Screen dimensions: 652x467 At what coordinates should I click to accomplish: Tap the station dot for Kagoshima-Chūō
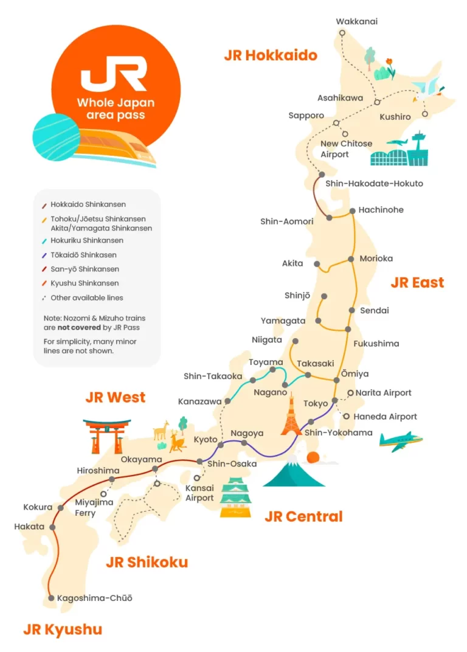click(x=51, y=598)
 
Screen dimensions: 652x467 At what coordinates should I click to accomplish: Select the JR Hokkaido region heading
click(x=271, y=55)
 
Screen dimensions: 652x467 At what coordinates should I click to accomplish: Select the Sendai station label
click(x=375, y=310)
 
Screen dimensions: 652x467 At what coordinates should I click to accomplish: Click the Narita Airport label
click(x=383, y=393)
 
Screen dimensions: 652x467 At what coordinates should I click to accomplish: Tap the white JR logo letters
click(x=114, y=73)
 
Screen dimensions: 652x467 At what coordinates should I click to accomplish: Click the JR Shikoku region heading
click(x=147, y=562)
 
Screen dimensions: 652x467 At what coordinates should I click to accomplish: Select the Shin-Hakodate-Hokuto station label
click(x=374, y=183)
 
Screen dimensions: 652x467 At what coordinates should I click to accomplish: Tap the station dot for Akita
click(x=317, y=264)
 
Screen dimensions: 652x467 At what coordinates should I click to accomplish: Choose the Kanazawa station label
click(x=199, y=402)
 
